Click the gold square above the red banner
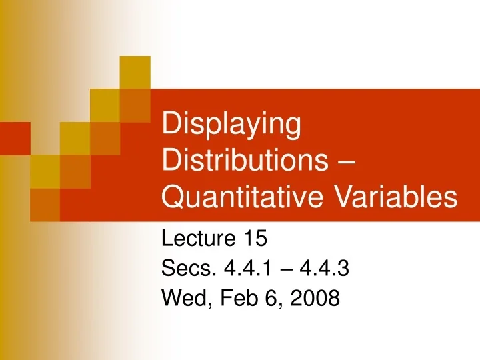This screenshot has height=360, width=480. (x=136, y=72)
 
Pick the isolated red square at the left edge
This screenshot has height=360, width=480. (x=15, y=135)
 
